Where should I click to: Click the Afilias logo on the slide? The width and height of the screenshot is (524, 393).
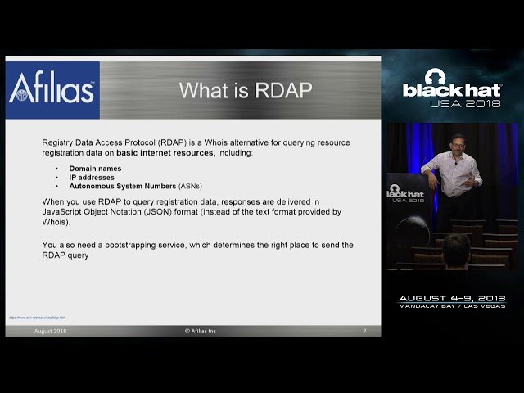click(52, 88)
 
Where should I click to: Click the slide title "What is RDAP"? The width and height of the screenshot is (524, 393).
click(246, 89)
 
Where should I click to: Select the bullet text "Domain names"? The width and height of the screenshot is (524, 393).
click(95, 168)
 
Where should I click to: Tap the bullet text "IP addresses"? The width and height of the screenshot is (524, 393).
click(92, 177)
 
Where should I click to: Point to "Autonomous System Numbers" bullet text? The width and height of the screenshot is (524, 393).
click(122, 186)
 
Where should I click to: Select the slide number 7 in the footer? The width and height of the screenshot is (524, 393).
click(364, 331)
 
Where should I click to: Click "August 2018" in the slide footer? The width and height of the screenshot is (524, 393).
click(50, 331)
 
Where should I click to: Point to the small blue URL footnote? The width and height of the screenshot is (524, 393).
click(37, 317)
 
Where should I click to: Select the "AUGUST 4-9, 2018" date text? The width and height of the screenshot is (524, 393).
click(451, 298)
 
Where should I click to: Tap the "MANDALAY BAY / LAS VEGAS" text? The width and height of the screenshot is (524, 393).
click(451, 306)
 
